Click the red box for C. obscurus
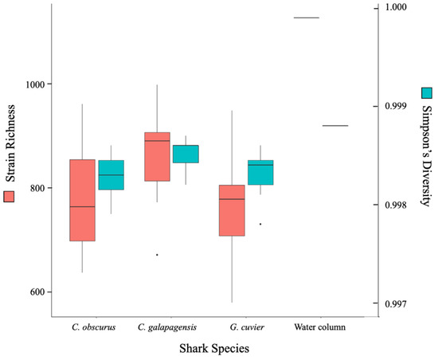tap(82, 200)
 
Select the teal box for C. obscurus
tap(111, 174)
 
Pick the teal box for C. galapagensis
tap(186, 154)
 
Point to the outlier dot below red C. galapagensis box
tap(157, 255)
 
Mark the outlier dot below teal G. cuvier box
tap(260, 224)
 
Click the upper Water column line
tap(307, 18)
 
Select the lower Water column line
tap(335, 126)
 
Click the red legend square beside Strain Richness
tap(10, 196)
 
